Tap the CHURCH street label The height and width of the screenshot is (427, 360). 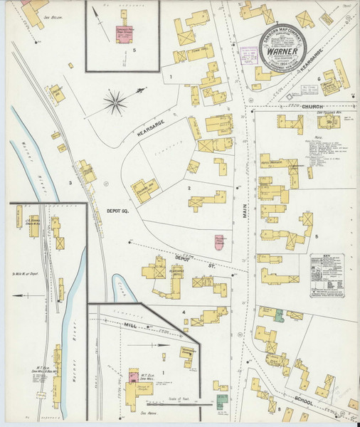click(x=312, y=107)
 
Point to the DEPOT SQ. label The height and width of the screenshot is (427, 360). click(x=117, y=211)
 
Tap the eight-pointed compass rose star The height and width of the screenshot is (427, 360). click(x=114, y=102)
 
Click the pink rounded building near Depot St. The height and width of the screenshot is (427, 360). click(x=220, y=243)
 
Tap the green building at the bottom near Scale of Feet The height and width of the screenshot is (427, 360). click(x=222, y=401)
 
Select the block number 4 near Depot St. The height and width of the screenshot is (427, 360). click(x=183, y=312)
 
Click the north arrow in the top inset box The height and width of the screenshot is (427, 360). click(x=94, y=11)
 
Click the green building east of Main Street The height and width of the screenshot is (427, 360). click(x=279, y=314)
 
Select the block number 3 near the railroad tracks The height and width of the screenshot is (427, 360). click(x=70, y=183)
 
